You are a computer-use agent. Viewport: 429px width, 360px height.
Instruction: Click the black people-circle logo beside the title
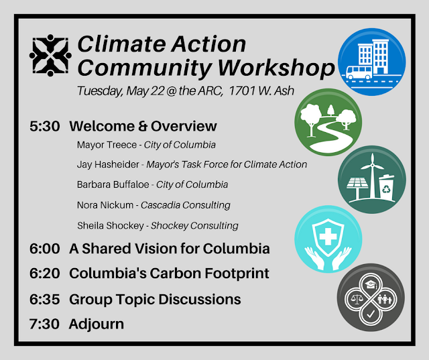pyautogui.click(x=50, y=55)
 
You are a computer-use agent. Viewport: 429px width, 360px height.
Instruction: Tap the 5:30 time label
pyautogui.click(x=45, y=127)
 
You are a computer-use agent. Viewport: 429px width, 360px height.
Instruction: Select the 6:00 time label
pyautogui.click(x=45, y=249)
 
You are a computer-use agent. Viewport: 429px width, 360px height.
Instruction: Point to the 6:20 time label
pyautogui.click(x=45, y=274)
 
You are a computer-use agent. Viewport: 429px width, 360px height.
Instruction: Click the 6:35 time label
pyautogui.click(x=45, y=299)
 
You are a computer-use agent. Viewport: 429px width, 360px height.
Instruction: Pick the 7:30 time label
pyautogui.click(x=44, y=324)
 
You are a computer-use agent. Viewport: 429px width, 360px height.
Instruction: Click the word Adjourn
pyautogui.click(x=97, y=324)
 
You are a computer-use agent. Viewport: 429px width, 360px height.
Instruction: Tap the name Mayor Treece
pyautogui.click(x=107, y=145)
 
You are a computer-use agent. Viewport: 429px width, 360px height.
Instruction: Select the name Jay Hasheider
pyautogui.click(x=108, y=164)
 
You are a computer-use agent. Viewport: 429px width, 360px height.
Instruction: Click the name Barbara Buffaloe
pyautogui.click(x=113, y=184)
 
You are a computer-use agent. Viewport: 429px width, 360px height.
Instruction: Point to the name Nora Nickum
pyautogui.click(x=105, y=205)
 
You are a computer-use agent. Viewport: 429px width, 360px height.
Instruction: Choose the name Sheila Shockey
pyautogui.click(x=110, y=226)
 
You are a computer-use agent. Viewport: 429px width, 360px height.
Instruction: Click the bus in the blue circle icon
pyautogui.click(x=359, y=72)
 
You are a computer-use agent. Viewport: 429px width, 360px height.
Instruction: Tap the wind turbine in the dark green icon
pyautogui.click(x=372, y=175)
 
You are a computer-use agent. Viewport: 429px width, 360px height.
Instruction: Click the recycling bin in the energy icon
pyautogui.click(x=386, y=187)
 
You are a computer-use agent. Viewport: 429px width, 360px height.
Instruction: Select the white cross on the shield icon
pyautogui.click(x=328, y=237)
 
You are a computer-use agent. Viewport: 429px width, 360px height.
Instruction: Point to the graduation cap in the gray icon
pyautogui.click(x=371, y=284)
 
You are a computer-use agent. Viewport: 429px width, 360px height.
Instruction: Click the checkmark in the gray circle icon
pyautogui.click(x=371, y=314)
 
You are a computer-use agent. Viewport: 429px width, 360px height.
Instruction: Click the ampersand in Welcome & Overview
pyautogui.click(x=143, y=127)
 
